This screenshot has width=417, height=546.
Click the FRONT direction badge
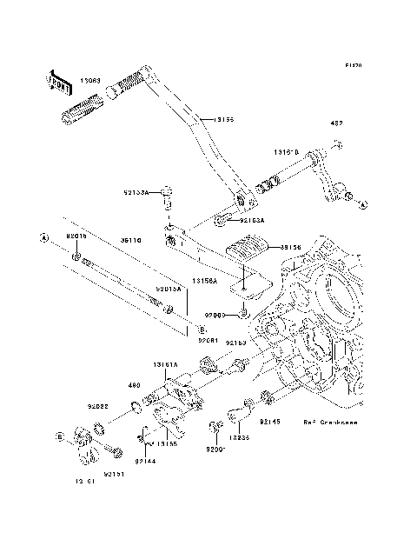59,82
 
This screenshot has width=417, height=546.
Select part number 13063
90,80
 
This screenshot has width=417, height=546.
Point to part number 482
336,123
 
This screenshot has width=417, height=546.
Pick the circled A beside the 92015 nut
42,236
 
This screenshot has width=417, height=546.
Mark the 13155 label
168,443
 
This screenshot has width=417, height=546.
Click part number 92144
144,463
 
